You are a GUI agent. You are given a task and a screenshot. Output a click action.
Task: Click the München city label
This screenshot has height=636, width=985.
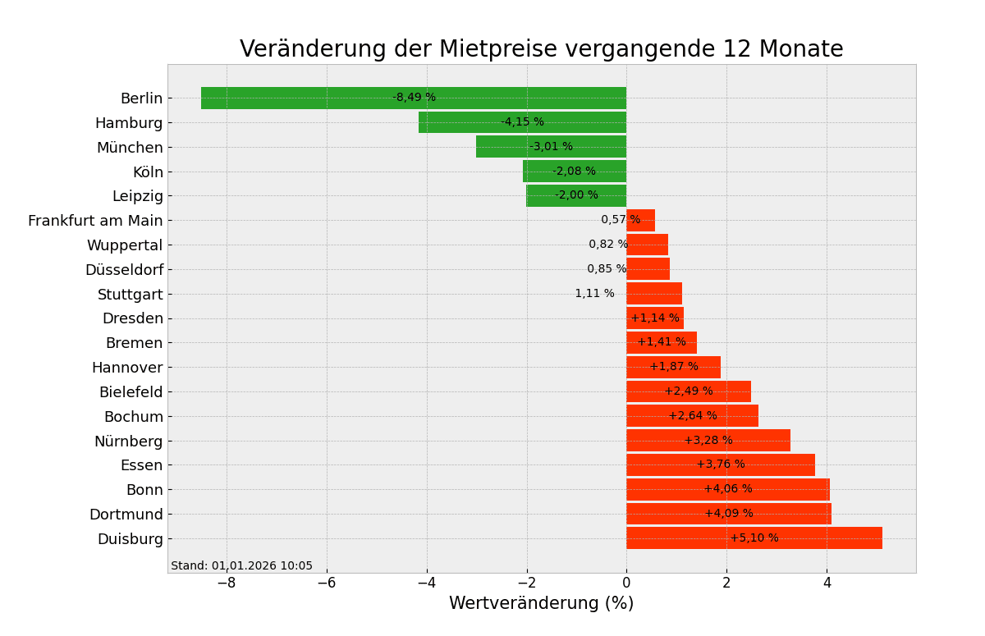(x=130, y=148)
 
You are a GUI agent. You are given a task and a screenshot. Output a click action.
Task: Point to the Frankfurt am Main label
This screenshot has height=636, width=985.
(x=95, y=221)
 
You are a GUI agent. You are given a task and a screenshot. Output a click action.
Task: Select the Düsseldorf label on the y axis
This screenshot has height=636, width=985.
(x=124, y=270)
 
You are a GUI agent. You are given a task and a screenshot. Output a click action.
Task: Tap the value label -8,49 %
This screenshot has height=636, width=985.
(x=414, y=98)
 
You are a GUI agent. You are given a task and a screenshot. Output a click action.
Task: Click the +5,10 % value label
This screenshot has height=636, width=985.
(x=754, y=538)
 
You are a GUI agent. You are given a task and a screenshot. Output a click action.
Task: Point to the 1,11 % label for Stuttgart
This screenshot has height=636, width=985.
(x=594, y=294)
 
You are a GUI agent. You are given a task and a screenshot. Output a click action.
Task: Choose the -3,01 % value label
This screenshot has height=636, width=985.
(x=551, y=147)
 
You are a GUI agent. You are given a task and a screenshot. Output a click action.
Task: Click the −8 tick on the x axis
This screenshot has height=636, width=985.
(x=227, y=583)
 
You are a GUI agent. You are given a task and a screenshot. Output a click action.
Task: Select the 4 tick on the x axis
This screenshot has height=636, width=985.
(x=827, y=583)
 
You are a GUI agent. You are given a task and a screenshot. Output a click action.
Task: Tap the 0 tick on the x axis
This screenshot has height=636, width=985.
(x=626, y=583)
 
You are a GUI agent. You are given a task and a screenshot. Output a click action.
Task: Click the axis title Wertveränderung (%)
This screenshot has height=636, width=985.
(x=541, y=604)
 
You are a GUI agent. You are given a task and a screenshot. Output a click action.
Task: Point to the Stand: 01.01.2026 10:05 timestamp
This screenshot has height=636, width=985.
(x=241, y=566)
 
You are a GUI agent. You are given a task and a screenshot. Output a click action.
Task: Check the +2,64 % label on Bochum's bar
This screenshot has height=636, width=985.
(x=692, y=416)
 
